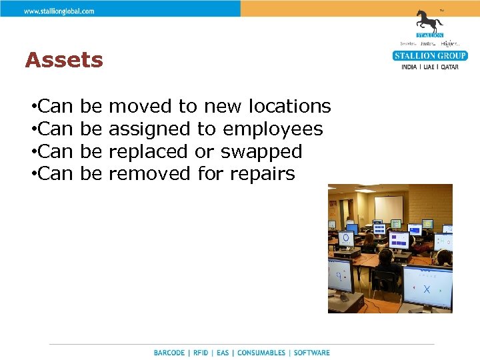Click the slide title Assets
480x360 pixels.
[x=64, y=61]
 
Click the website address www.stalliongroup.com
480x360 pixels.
[x=59, y=11]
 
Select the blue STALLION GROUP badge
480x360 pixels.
[x=430, y=56]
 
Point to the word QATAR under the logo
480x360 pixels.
[x=448, y=67]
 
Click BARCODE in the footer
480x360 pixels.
[x=169, y=353]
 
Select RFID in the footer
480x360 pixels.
[x=201, y=353]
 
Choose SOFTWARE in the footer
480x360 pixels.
[x=311, y=353]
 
